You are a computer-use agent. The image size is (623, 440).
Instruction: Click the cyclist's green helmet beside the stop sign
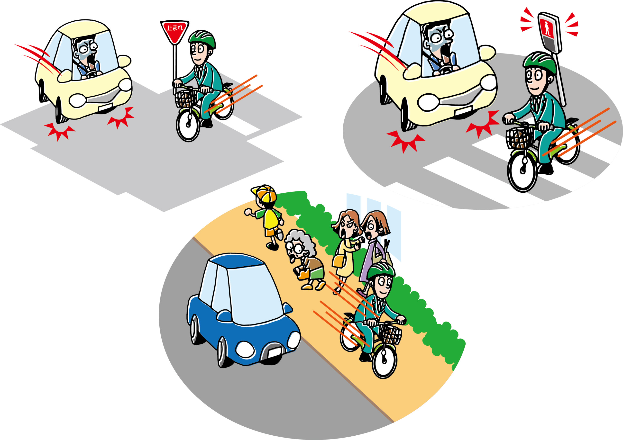[202, 39]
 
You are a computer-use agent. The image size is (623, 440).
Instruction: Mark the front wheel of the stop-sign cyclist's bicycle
[188, 125]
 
